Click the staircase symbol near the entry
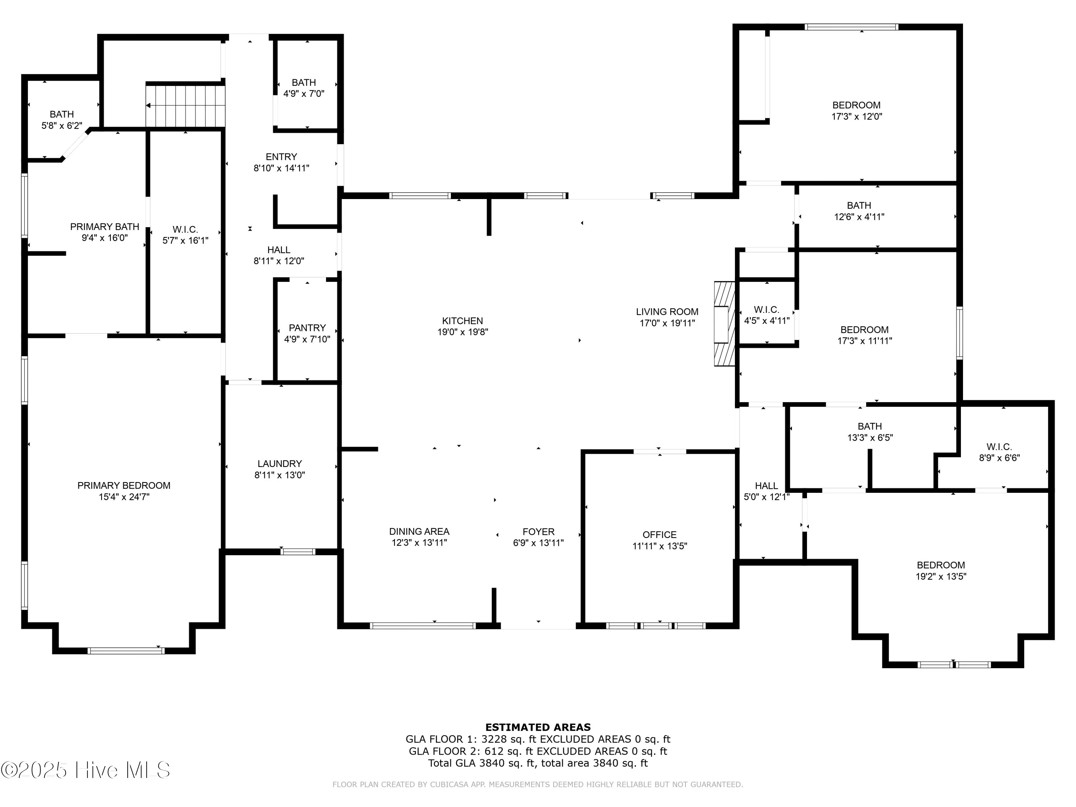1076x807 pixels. pos(185,105)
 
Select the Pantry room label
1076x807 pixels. pos(307,328)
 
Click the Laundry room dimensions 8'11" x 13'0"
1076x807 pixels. pos(280,475)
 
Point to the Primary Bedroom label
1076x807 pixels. pos(124,486)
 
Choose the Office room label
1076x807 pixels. pos(659,535)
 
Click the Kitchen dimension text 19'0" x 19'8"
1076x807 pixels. pos(463,332)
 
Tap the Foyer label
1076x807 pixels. pos(538,532)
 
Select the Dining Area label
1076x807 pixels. pos(419,532)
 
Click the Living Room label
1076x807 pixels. pos(667,312)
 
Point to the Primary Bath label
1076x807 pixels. pos(105,227)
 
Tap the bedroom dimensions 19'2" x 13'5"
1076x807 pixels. pos(941,576)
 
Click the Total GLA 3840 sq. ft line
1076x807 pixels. pos(538,763)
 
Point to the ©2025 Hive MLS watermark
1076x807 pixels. pos(86,770)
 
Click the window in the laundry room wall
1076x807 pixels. pos(298,552)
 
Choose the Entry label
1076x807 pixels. pos(281,157)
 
